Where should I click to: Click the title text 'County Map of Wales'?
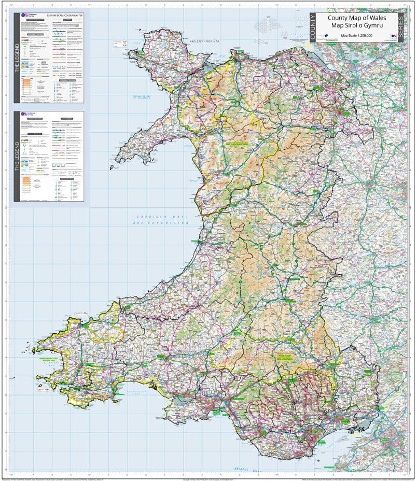353,18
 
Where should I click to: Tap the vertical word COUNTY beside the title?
312,29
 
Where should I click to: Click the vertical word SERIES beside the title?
400,29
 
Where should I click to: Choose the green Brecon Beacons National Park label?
287,357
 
